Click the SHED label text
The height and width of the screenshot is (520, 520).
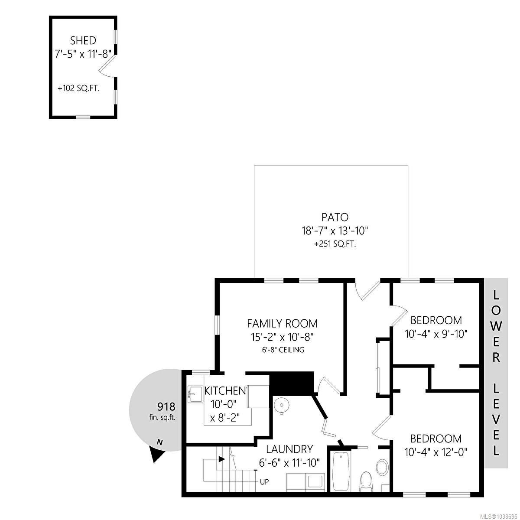83,41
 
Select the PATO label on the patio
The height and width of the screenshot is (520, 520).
335,217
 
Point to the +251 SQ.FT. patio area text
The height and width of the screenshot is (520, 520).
335,244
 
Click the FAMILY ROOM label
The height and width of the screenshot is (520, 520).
282,323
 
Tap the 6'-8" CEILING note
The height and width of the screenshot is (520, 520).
283,350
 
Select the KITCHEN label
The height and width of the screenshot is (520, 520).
225,390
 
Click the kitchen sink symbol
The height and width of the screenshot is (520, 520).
195,394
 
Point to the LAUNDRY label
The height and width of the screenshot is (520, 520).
289,449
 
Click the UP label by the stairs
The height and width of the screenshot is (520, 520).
264,481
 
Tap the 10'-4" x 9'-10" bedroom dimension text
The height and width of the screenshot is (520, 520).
436,334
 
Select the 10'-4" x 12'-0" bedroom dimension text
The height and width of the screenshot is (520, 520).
436,451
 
